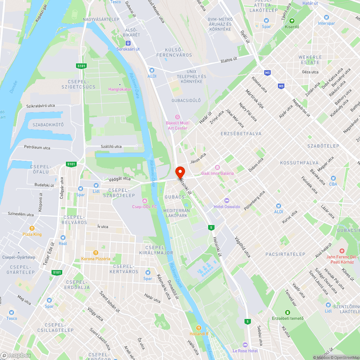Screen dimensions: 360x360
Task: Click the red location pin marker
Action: tap(180, 172)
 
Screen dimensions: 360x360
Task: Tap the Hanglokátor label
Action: tap(120, 89)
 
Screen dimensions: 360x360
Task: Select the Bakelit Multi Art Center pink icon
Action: tap(177, 117)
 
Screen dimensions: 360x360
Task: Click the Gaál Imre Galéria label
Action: tap(217, 173)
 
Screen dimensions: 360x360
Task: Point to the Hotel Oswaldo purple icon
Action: tap(226, 201)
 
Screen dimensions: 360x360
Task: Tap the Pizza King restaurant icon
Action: tap(32, 228)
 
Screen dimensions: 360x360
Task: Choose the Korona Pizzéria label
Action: tap(96, 259)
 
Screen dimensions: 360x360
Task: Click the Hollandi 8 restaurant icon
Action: tap(198, 328)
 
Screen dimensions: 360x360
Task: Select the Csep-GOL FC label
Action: tap(144, 207)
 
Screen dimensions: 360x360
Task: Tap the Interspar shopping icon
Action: tap(327, 17)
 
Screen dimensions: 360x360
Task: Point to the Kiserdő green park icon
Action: tap(292, 21)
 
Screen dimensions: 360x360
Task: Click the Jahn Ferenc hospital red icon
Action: tap(342, 251)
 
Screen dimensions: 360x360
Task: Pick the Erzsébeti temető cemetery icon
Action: tap(287, 312)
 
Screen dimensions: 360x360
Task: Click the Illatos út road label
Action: tap(229, 60)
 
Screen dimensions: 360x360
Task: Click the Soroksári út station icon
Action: tap(128, 43)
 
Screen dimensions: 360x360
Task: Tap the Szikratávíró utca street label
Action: tap(41, 106)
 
